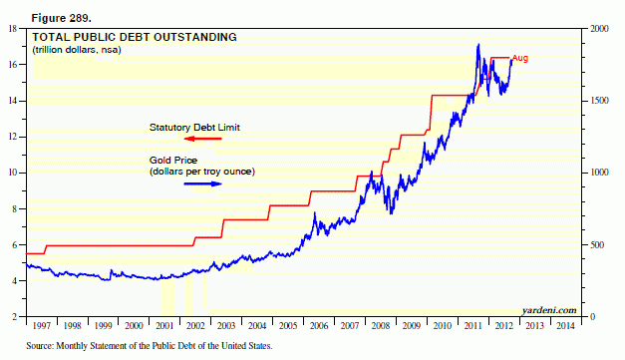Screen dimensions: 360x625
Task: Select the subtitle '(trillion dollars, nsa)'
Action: click(73, 51)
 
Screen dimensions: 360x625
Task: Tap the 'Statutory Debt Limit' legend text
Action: click(195, 127)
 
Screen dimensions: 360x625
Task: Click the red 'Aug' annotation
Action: click(520, 59)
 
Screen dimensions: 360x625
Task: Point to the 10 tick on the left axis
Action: click(14, 173)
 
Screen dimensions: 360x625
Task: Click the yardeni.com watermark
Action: click(548, 310)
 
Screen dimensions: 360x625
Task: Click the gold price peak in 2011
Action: click(478, 45)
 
